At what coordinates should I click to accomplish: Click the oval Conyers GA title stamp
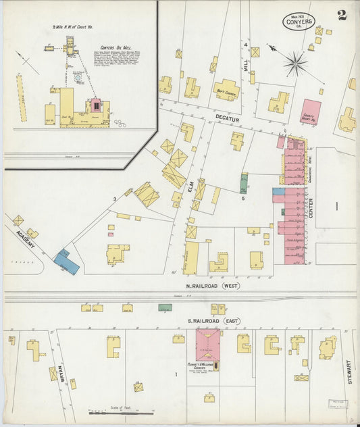[298, 22]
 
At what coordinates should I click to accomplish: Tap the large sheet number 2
[342, 15]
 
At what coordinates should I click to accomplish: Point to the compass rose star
[295, 65]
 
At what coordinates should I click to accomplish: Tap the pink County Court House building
[311, 111]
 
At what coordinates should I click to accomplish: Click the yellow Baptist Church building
[226, 89]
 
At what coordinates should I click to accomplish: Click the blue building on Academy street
[66, 261]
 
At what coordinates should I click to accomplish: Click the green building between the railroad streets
[165, 307]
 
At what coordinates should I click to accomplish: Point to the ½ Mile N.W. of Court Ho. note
[72, 28]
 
